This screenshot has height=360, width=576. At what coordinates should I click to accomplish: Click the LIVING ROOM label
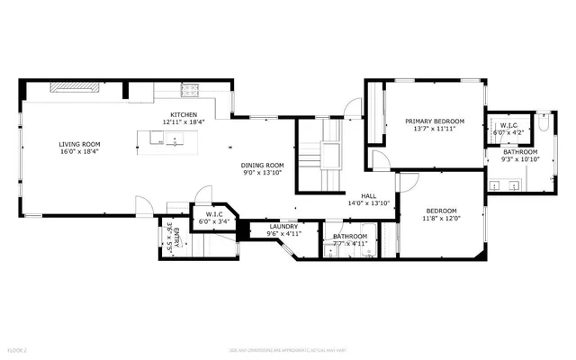[x=79, y=144]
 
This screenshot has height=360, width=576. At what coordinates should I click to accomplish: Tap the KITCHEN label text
[x=184, y=114]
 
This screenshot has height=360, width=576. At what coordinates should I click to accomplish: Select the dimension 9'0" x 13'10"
[x=262, y=173]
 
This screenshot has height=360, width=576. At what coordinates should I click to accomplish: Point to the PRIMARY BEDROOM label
[x=434, y=121]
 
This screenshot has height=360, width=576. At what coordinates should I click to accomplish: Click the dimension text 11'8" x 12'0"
[x=441, y=217]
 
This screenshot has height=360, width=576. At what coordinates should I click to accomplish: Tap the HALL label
[x=369, y=195]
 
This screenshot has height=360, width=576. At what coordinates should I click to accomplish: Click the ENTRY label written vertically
[x=177, y=238]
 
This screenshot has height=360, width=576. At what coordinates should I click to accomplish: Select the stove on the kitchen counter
[x=190, y=89]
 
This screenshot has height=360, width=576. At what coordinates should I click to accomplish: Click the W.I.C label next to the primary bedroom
[x=508, y=125]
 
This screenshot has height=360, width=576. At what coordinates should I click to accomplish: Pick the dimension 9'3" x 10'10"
[x=520, y=159]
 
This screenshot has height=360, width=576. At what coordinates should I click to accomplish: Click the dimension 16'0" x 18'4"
[x=79, y=152]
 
